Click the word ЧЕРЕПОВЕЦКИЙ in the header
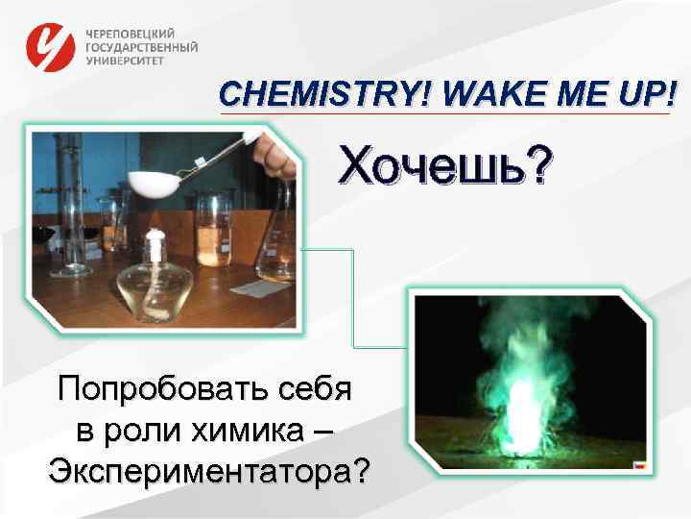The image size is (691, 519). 131,33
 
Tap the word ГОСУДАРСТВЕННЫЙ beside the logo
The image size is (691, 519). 142,46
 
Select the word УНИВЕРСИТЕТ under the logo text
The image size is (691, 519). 125,60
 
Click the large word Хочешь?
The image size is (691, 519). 443,168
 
